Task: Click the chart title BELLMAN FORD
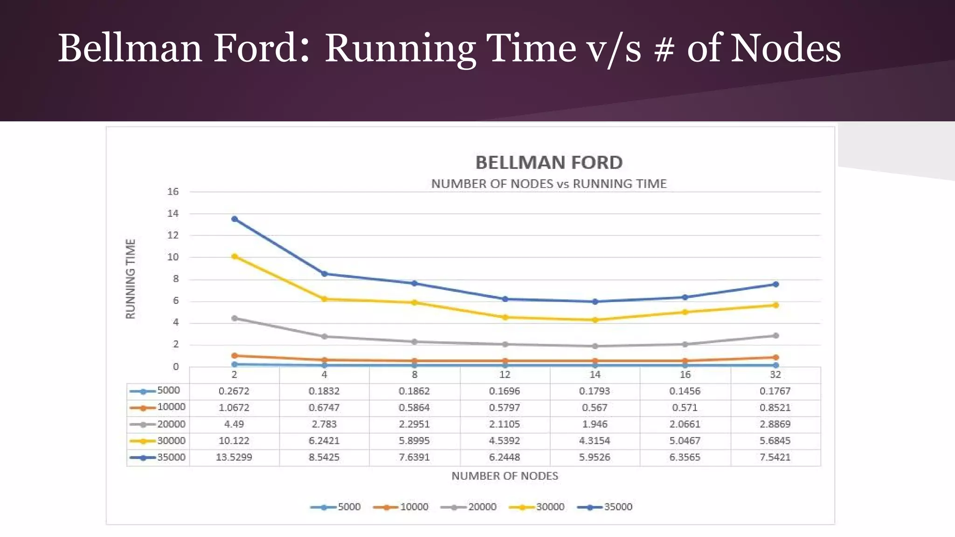point(549,163)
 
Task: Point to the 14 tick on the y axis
point(173,213)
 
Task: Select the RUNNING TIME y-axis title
point(131,279)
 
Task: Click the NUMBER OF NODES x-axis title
point(505,476)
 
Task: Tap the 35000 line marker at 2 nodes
point(235,219)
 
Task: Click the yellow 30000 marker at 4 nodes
point(325,299)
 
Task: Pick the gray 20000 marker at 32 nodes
point(775,336)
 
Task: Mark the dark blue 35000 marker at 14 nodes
point(595,302)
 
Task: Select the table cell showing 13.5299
point(234,457)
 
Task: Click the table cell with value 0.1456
point(685,391)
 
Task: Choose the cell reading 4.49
point(234,424)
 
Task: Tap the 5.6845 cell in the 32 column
point(775,441)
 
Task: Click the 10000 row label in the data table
point(171,407)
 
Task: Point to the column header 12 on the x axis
point(505,375)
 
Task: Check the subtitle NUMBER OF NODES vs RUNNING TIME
point(549,184)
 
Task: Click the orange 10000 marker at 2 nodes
point(235,356)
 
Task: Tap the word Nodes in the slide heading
point(785,48)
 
